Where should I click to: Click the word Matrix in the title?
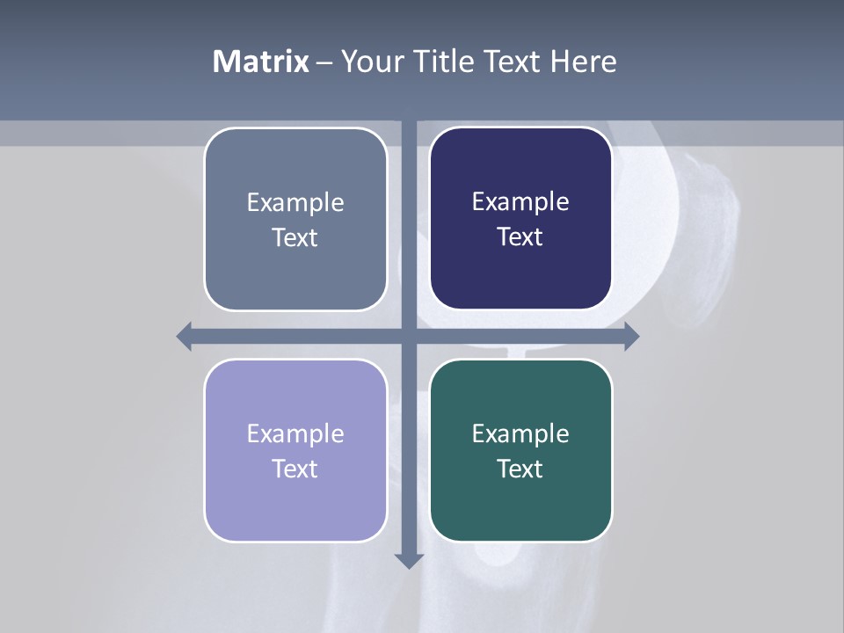[261, 62]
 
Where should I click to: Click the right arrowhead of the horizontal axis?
[631, 336]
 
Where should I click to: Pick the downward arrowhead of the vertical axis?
[409, 560]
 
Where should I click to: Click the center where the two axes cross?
[409, 336]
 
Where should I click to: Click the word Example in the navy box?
[520, 202]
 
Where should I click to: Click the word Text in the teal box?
[520, 469]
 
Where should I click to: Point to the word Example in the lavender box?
[295, 434]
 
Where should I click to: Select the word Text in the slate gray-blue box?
[295, 238]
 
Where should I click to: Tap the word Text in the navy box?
[520, 237]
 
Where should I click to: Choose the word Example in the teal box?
[520, 434]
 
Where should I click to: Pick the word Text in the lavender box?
[295, 469]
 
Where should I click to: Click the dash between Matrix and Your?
[324, 62]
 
